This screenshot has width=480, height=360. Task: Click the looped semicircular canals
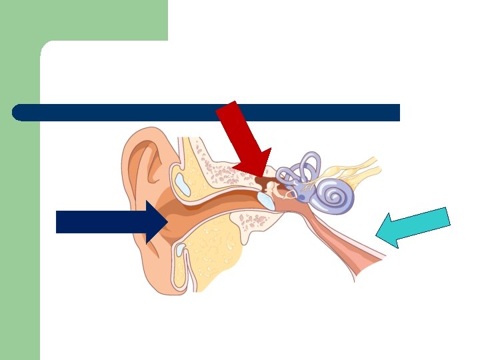tap(303, 169)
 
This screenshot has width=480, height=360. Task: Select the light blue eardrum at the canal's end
tap(265, 199)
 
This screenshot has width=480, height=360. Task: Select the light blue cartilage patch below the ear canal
tap(181, 251)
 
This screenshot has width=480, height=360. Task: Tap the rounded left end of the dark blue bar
tap(19, 113)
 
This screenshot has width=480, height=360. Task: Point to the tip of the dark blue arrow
tap(166, 222)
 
